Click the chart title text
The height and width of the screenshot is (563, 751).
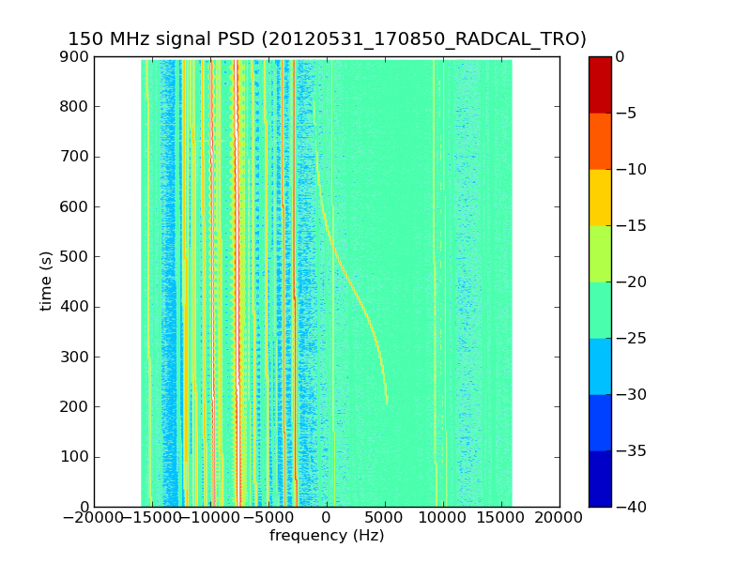(327, 38)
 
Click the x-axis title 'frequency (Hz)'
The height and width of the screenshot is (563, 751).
(327, 536)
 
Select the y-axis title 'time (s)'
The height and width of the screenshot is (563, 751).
(46, 281)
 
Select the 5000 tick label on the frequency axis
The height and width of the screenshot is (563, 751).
(385, 517)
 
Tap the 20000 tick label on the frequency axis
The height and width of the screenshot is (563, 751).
(559, 517)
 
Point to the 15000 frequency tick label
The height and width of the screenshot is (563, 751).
(501, 517)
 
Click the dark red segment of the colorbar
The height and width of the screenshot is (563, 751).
(599, 84)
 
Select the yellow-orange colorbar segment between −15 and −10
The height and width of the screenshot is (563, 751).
(599, 197)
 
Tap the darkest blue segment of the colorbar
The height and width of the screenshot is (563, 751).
(599, 479)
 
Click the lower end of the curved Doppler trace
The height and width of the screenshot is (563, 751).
(387, 402)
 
